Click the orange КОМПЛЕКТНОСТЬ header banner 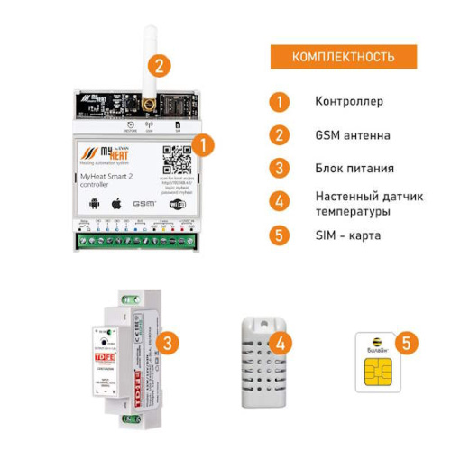click(344, 57)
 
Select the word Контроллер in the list click(349, 102)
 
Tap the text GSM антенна click(353, 135)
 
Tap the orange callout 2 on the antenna click(160, 65)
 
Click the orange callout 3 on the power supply click(166, 343)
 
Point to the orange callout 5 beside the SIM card click(409, 343)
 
